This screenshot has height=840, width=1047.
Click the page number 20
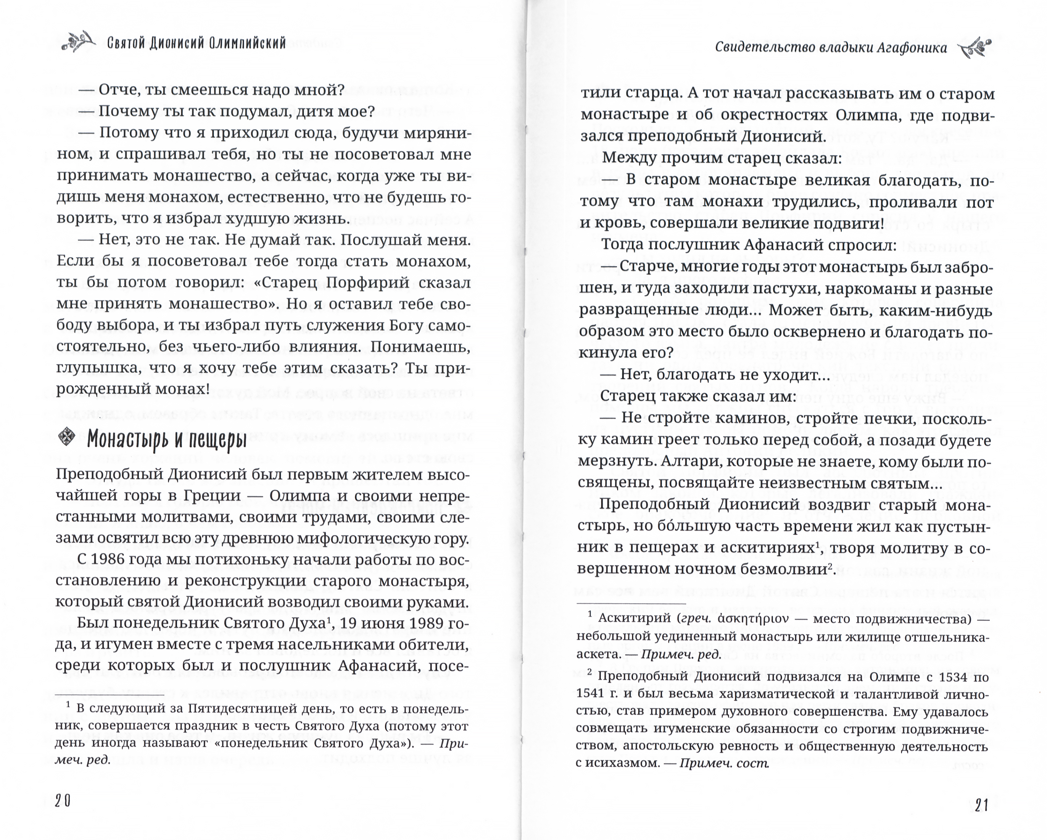[63, 801]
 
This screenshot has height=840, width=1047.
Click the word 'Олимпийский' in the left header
[248, 44]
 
